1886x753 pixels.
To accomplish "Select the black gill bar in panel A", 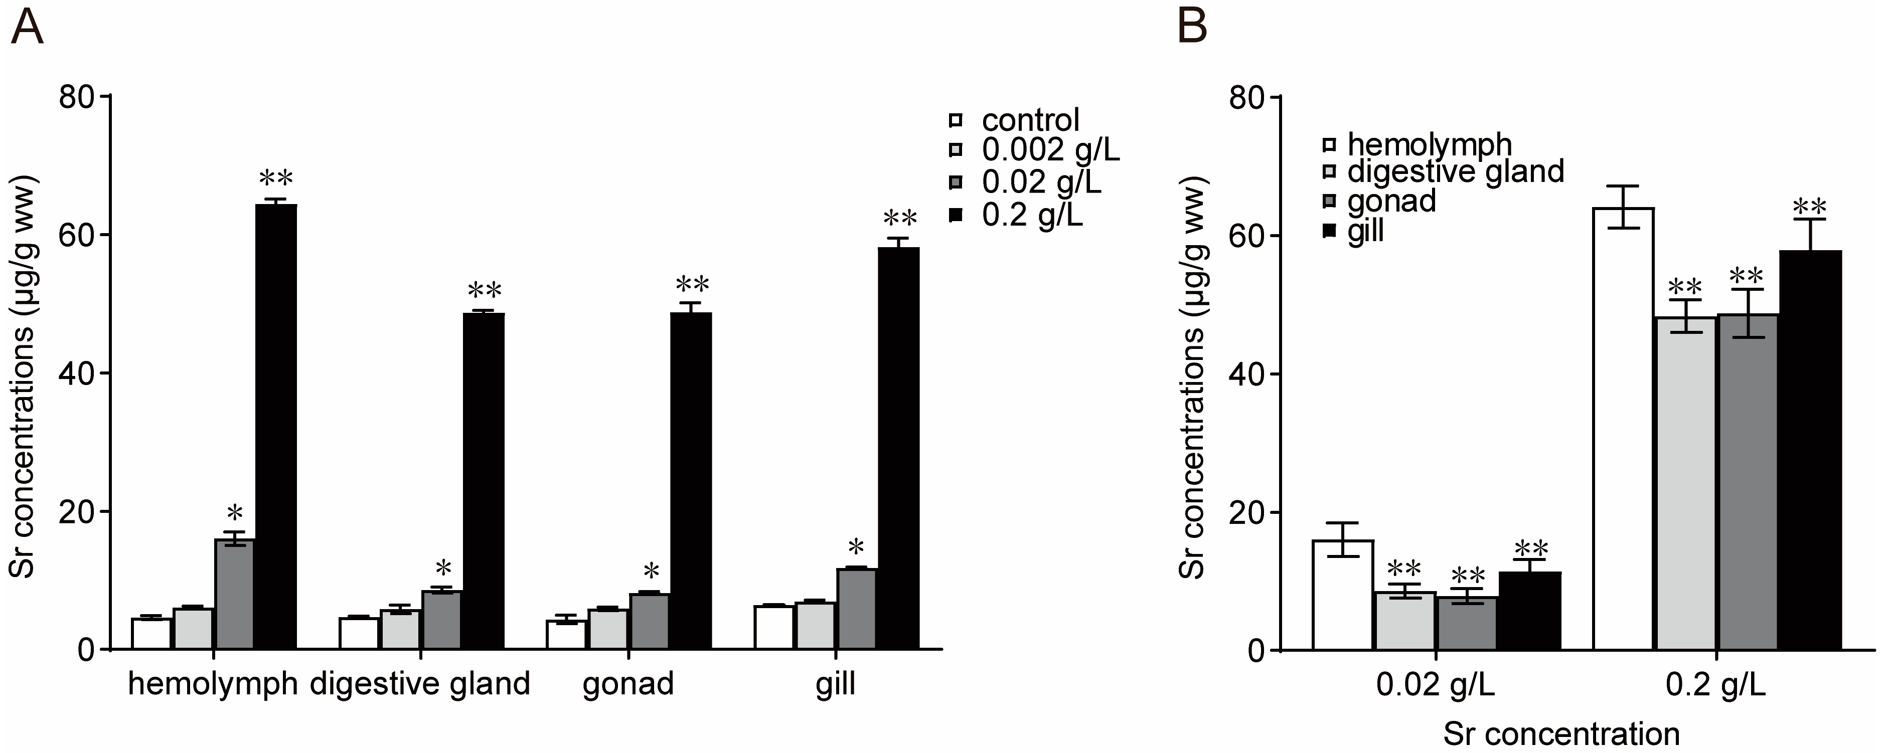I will (898, 448).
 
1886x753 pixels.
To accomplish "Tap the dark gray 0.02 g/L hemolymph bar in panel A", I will (234, 594).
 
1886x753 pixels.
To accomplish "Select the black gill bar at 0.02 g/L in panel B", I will (1529, 611).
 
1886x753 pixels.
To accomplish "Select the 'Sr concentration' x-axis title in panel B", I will (1561, 733).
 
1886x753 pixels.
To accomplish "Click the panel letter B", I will (1191, 27).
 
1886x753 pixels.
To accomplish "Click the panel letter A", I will (27, 29).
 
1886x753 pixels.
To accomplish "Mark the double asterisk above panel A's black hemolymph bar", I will (275, 178).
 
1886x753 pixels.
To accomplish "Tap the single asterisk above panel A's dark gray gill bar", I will (856, 546).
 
